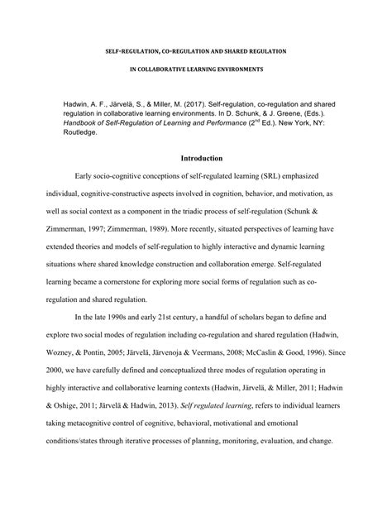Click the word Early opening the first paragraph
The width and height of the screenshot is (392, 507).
(x=86, y=178)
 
